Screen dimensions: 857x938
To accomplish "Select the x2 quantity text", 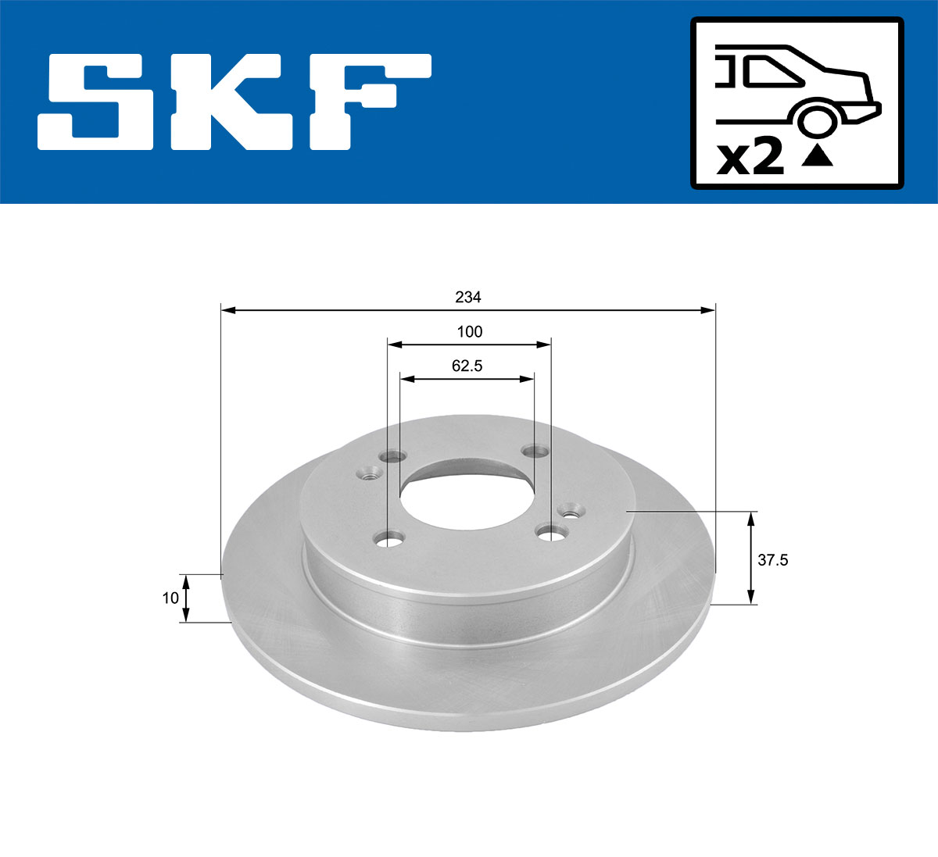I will pyautogui.click(x=750, y=159).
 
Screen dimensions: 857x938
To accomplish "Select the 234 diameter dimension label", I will pyautogui.click(x=468, y=298).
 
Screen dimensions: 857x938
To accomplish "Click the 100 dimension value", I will pyautogui.click(x=469, y=332).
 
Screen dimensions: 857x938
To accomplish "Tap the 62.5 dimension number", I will pyautogui.click(x=467, y=366).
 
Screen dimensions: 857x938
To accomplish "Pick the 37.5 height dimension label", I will pyautogui.click(x=773, y=559).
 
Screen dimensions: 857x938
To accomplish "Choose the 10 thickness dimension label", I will pyautogui.click(x=170, y=598).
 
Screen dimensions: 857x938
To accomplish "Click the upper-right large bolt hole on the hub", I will pyautogui.click(x=535, y=451).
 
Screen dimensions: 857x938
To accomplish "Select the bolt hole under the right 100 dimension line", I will pyautogui.click(x=551, y=533).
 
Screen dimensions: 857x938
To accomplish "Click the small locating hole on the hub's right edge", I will pyautogui.click(x=570, y=511).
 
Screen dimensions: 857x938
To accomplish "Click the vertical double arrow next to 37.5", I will pyautogui.click(x=751, y=558).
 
